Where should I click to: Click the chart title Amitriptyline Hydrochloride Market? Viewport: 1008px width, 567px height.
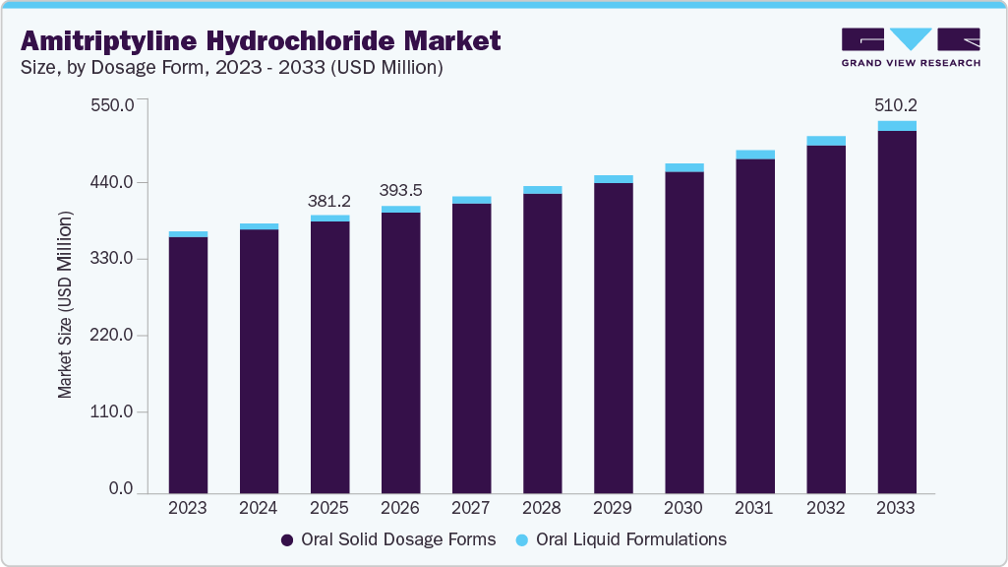tap(261, 40)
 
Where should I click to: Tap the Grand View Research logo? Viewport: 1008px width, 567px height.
tap(911, 47)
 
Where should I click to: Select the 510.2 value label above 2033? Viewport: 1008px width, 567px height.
tap(896, 104)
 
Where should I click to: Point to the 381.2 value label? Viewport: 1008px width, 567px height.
tap(329, 200)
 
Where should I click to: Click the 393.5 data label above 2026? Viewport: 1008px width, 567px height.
tap(400, 190)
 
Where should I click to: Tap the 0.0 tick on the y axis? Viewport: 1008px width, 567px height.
tap(121, 489)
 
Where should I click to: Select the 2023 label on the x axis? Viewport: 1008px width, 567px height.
tap(188, 509)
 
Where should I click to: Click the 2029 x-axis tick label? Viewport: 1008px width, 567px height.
tap(613, 509)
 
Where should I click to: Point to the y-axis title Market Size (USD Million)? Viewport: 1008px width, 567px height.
tap(65, 303)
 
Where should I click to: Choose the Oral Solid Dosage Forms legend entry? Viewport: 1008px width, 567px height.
tap(388, 539)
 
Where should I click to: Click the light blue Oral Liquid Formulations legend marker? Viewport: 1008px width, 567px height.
tap(522, 540)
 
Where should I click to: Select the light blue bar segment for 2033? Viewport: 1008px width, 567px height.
tap(896, 126)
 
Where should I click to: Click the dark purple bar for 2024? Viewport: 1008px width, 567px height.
tap(259, 360)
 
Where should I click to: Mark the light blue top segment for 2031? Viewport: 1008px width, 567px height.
tap(754, 155)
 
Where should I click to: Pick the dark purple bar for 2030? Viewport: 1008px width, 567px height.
tap(683, 332)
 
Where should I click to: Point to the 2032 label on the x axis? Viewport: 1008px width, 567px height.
tap(825, 509)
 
